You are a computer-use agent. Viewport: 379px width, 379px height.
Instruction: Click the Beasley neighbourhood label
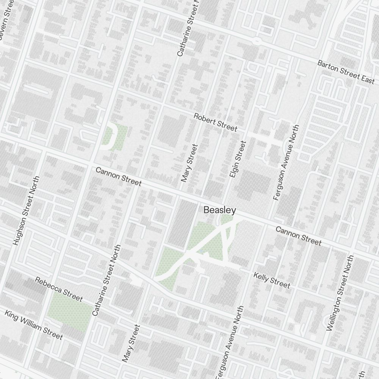pyautogui.click(x=220, y=210)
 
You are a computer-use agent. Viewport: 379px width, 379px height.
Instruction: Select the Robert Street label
pyautogui.click(x=215, y=122)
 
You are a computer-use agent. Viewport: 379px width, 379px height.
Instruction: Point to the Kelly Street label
pyautogui.click(x=272, y=280)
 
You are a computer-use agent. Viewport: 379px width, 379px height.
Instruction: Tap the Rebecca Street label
pyautogui.click(x=58, y=289)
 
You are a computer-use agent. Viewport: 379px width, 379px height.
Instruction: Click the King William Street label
pyautogui.click(x=33, y=325)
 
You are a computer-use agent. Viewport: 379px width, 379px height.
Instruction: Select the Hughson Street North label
pyautogui.click(x=26, y=211)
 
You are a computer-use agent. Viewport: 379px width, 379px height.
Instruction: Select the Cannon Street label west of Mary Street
pyautogui.click(x=118, y=177)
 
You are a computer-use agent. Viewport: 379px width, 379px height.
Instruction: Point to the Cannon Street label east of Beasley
pyautogui.click(x=298, y=236)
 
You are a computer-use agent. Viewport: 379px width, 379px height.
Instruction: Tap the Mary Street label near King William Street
pyautogui.click(x=131, y=343)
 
